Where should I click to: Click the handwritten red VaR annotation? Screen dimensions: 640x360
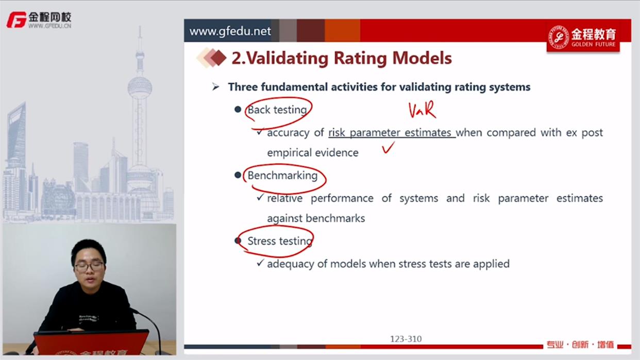[422, 110]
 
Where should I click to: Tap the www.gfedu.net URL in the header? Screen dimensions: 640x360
[230, 31]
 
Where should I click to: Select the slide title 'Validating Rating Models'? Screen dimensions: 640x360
[349, 58]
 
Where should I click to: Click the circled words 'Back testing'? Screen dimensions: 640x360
[277, 110]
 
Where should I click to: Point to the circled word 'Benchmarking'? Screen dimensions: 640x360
[282, 175]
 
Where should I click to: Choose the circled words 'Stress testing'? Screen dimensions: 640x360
[280, 241]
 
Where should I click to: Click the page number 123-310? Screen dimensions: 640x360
[406, 339]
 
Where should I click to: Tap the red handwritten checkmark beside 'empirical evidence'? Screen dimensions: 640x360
[388, 148]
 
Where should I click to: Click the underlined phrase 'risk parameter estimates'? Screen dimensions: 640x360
[390, 133]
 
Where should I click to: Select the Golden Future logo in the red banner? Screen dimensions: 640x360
[583, 38]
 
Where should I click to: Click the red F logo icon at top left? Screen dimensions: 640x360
[16, 20]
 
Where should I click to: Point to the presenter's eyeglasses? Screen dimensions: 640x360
[89, 267]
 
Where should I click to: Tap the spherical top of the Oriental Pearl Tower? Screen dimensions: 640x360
[140, 87]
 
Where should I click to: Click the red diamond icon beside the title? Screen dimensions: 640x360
[218, 58]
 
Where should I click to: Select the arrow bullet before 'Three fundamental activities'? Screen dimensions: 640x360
[216, 87]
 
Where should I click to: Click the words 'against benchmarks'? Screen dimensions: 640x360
[316, 218]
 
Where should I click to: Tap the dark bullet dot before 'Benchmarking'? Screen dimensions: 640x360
[238, 175]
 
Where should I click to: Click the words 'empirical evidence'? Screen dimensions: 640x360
[313, 153]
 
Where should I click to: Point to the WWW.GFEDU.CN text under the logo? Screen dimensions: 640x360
[49, 26]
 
